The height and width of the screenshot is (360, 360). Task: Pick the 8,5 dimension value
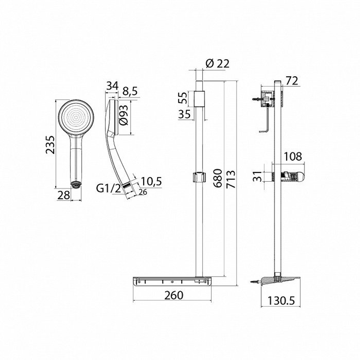click(x=130, y=91)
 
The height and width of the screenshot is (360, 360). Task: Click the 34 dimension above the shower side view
click(x=113, y=86)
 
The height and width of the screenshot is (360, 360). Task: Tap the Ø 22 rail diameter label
click(x=217, y=64)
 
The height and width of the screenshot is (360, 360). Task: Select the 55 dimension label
click(x=183, y=98)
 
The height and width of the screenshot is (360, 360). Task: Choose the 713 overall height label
click(x=231, y=179)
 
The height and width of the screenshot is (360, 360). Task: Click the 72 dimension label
click(x=292, y=81)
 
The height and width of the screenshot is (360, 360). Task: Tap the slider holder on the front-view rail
click(x=199, y=177)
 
